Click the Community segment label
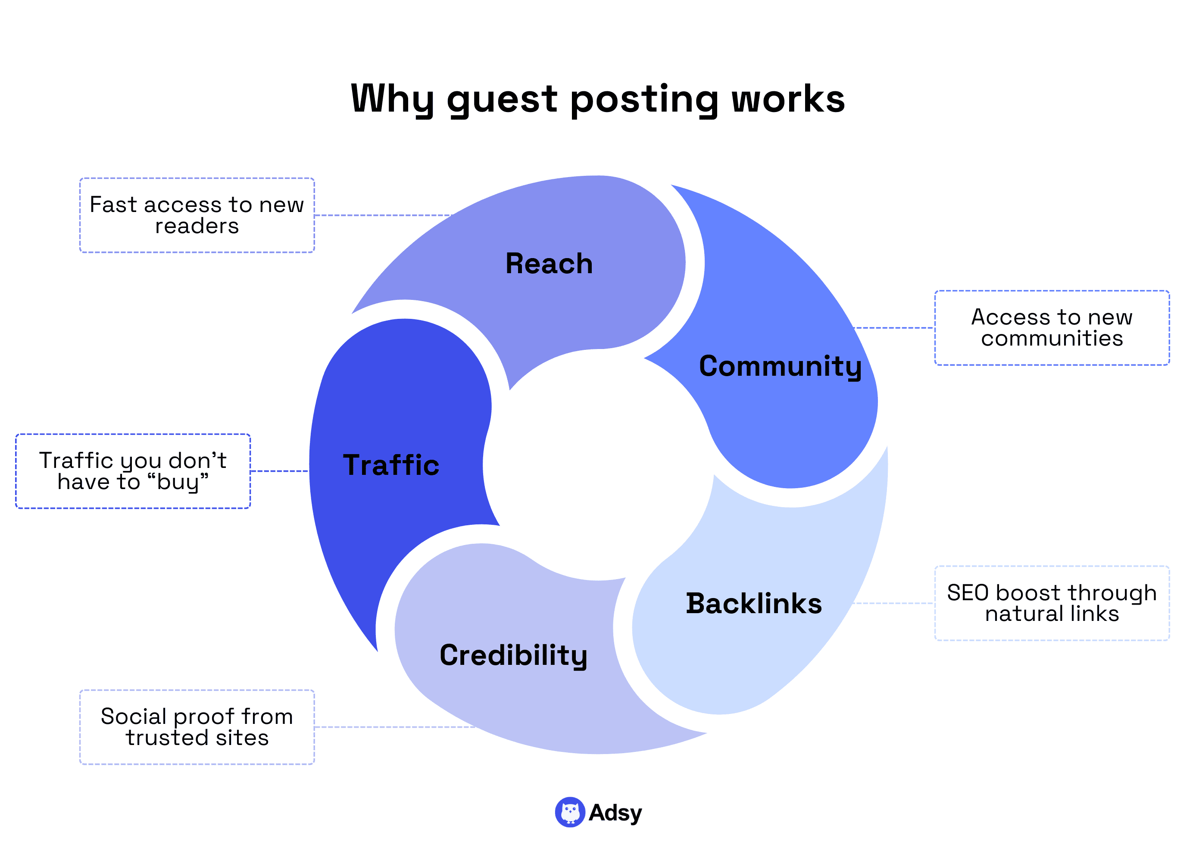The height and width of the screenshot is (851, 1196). point(780,366)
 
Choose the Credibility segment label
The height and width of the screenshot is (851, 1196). point(513,655)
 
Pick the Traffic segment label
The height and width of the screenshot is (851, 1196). point(391,465)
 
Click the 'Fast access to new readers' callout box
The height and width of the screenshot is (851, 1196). point(197,215)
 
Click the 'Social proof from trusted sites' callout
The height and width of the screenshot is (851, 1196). point(197,727)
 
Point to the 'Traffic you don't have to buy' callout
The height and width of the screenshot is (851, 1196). point(133,471)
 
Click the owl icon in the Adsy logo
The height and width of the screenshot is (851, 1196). point(570,812)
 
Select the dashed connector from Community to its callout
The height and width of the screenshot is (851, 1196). point(893,328)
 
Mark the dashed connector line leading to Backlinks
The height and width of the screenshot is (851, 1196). point(893,603)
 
